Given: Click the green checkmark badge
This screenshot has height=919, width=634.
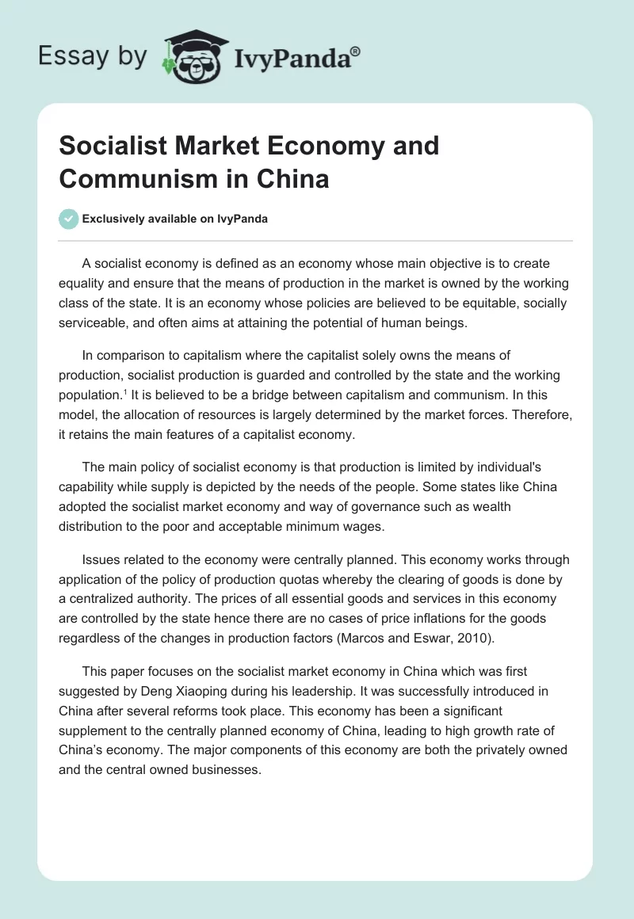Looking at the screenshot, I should coord(69,219).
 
